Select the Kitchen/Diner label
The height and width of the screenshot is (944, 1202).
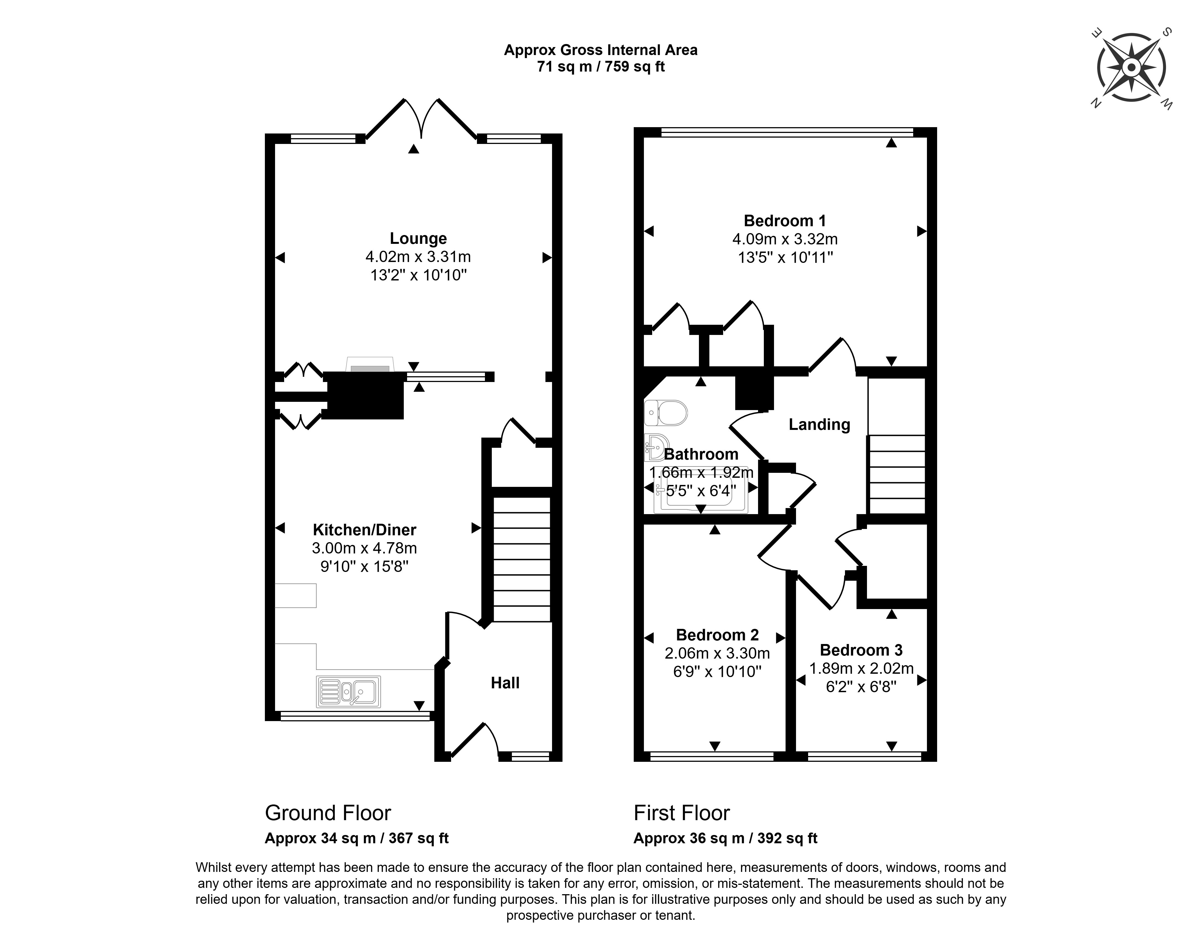[x=364, y=530]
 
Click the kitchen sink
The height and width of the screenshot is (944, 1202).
[x=348, y=692]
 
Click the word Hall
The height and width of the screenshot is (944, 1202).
[x=505, y=683]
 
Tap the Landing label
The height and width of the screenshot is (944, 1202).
[x=819, y=424]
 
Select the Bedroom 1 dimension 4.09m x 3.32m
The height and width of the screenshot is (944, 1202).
[x=784, y=239]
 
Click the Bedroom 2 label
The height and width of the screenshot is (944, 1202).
[x=717, y=634]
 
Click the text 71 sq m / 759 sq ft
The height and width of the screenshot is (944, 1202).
[x=600, y=67]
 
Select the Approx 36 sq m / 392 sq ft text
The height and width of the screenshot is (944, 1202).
[x=725, y=838]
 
